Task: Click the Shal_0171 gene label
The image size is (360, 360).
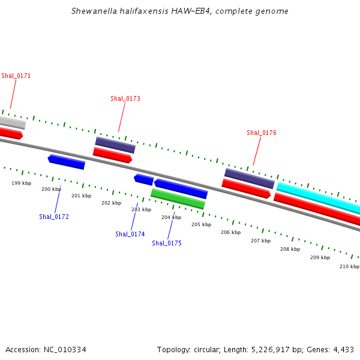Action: pos(16,76)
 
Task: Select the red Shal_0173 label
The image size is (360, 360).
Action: pos(125,98)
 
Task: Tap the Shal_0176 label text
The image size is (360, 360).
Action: pos(262,133)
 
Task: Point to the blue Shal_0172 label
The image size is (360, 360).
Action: pos(54,217)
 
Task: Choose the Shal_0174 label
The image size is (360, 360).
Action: pos(130,234)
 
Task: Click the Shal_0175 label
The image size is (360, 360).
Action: pos(167,243)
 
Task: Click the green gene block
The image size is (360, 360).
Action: pos(178,199)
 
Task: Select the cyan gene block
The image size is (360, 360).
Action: pos(318,197)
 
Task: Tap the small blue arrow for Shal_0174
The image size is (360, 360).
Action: pos(143,179)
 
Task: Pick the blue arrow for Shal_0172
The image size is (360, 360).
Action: pos(66,161)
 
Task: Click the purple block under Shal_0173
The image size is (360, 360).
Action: pos(115,145)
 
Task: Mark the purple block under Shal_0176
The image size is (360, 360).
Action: pos(249,178)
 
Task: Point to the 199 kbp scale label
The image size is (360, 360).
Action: pos(22,183)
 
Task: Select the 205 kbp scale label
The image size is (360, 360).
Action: pos(202,224)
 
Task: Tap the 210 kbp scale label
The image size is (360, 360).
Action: pos(349,266)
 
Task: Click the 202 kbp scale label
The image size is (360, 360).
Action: pos(111,203)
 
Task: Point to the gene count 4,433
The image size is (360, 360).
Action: pos(343,349)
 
